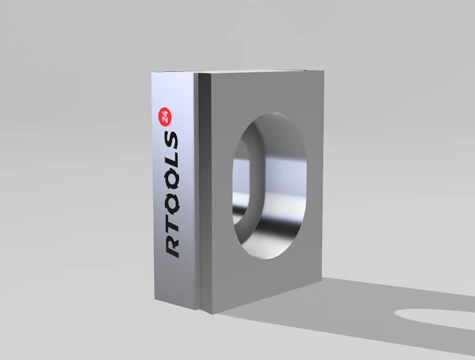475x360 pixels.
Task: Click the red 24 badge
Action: (165, 117)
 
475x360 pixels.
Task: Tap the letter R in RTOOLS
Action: (172, 245)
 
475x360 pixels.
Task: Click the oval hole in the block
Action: (269, 185)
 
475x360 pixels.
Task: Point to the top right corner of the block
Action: (324, 71)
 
